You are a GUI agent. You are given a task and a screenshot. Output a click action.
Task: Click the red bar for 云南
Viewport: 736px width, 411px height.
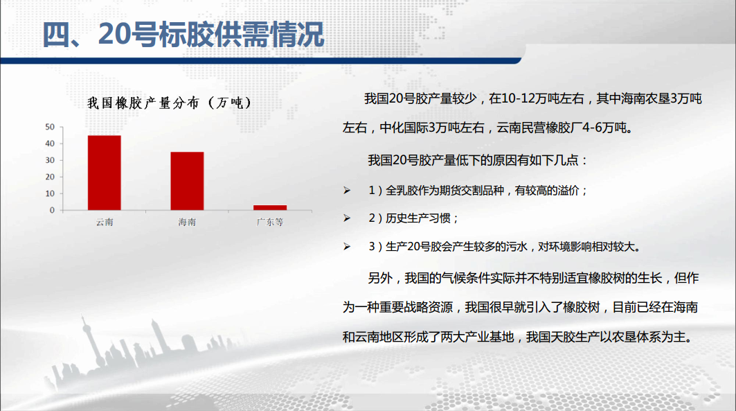tap(105, 173)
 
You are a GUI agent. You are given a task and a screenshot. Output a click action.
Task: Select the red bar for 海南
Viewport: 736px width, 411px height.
tap(187, 181)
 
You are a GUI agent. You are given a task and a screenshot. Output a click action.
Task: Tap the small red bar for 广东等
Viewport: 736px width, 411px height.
tap(270, 208)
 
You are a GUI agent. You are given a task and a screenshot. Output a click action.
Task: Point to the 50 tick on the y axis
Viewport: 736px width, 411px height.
tap(50, 127)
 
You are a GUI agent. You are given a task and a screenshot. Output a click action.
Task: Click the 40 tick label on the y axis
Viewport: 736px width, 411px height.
tap(50, 143)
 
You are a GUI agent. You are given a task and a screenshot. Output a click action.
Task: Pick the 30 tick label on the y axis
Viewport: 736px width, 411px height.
tap(50, 160)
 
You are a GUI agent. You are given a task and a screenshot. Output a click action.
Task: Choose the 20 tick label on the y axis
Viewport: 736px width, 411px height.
tap(50, 177)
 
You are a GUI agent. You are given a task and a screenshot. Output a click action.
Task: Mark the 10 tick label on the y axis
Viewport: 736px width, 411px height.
tap(50, 193)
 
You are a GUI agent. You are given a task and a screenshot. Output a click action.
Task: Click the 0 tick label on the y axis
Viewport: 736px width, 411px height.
tap(52, 211)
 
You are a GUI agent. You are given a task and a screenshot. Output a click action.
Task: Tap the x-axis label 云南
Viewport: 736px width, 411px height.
tap(105, 222)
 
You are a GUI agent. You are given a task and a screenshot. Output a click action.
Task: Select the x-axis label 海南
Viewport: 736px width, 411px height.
tap(187, 222)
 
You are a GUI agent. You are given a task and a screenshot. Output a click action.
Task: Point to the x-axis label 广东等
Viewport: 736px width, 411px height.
tap(270, 222)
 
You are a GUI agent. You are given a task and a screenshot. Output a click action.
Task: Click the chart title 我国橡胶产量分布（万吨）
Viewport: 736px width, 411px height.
tap(170, 103)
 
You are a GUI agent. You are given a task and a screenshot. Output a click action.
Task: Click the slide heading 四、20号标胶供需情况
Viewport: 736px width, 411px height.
tap(183, 35)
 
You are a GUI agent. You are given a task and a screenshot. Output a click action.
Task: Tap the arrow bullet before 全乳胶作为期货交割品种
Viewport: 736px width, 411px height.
tap(347, 190)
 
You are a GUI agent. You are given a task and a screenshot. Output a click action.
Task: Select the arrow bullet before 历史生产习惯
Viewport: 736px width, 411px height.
tap(347, 218)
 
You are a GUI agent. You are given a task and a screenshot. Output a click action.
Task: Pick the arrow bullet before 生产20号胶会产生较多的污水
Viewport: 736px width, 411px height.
tap(347, 246)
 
